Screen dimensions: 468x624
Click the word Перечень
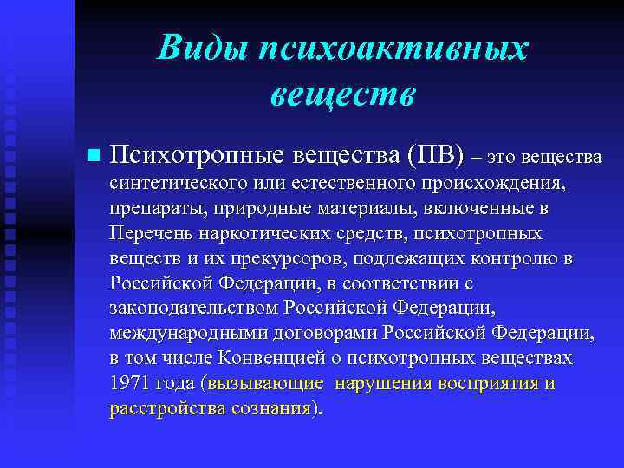pyautogui.click(x=146, y=234)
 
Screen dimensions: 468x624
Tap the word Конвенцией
pyautogui.click(x=276, y=359)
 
